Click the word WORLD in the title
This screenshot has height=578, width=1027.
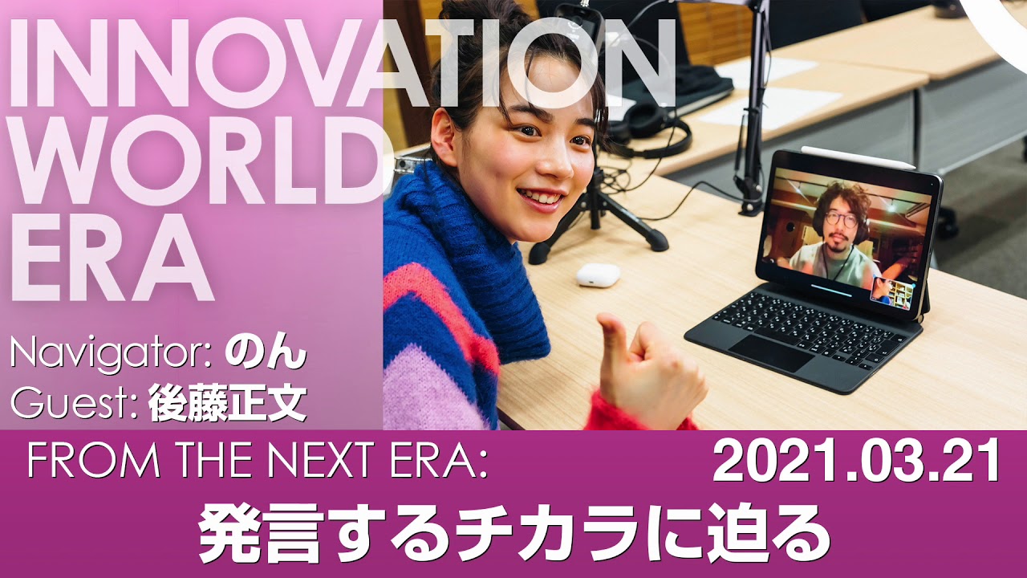[195, 160]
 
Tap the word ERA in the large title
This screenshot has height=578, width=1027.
[112, 259]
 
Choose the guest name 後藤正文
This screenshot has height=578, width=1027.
[227, 404]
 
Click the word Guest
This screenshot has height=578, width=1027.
[73, 404]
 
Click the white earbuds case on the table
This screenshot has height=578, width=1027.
[599, 275]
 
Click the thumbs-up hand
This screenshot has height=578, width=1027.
[651, 372]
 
